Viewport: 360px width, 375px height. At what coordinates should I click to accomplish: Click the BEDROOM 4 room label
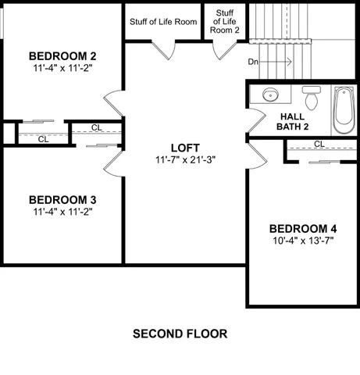(303, 228)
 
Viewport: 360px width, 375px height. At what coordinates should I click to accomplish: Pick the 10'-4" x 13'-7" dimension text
(303, 241)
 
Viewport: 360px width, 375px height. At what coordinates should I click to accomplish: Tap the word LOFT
(185, 147)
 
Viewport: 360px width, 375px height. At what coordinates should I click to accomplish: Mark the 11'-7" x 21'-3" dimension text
(185, 159)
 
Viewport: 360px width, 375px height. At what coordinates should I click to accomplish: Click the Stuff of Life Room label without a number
(162, 22)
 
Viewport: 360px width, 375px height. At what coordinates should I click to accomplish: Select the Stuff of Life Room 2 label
(226, 22)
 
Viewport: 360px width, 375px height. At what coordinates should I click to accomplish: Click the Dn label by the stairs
(253, 61)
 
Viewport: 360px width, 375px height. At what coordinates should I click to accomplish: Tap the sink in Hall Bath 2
(269, 95)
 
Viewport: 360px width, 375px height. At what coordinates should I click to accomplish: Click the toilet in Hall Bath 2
(312, 98)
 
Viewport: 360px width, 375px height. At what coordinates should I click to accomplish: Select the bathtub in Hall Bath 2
(344, 111)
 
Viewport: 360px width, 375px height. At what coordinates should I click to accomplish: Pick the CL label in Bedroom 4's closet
(319, 145)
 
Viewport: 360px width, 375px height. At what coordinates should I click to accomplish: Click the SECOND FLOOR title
(180, 334)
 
